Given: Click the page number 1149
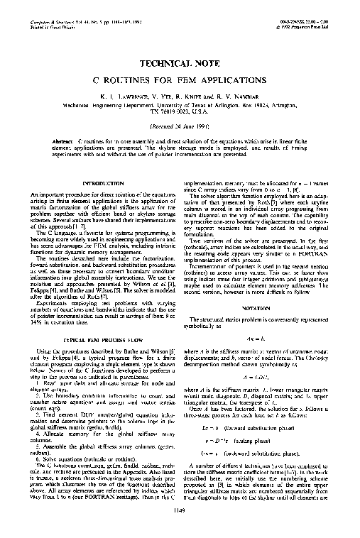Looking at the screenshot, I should click(x=180, y=526).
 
